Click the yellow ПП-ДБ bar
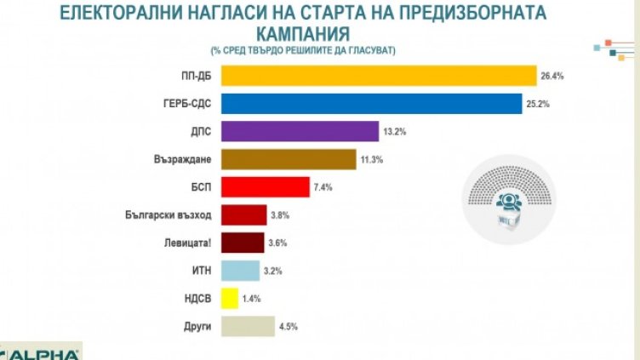pyautogui.click(x=378, y=76)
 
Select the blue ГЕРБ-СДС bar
pyautogui.click(x=371, y=103)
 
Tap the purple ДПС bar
pyautogui.click(x=300, y=131)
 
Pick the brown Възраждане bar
pyautogui.click(x=289, y=159)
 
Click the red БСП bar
pyautogui.click(x=265, y=186)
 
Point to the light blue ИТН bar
pyautogui.click(x=240, y=271)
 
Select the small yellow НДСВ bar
pyautogui.click(x=229, y=298)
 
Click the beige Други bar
pyautogui.click(x=247, y=326)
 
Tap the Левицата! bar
pyautogui.click(x=242, y=243)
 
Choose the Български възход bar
pyautogui.click(x=243, y=214)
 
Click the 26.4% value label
pyautogui.click(x=551, y=76)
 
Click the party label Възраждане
pyautogui.click(x=185, y=159)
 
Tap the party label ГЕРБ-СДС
pyautogui.click(x=187, y=103)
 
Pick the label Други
pyautogui.click(x=197, y=326)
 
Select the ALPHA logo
pyautogui.click(x=43, y=353)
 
